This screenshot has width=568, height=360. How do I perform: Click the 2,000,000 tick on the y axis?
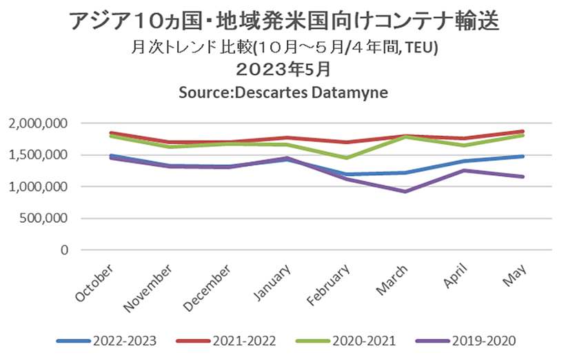click(x=40, y=123)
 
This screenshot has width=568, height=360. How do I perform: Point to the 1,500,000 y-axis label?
click(x=40, y=155)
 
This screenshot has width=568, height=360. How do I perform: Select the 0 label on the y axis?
click(x=64, y=250)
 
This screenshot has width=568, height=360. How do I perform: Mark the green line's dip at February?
click(x=346, y=158)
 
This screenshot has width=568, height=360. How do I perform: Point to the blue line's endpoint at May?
click(x=523, y=157)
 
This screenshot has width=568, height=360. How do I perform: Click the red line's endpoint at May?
click(x=523, y=131)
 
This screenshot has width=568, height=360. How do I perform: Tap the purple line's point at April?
click(x=464, y=170)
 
